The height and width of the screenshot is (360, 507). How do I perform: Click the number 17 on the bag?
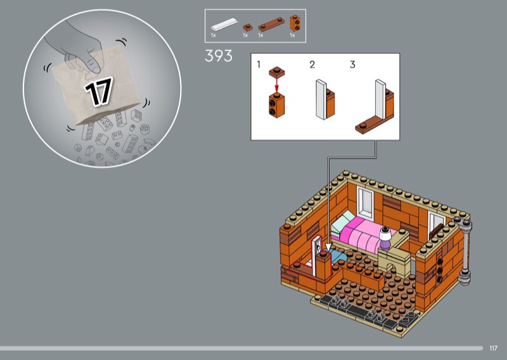pyautogui.click(x=98, y=91)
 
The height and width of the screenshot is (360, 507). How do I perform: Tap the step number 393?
pyautogui.click(x=219, y=56)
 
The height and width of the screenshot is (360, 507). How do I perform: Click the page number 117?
pyautogui.click(x=493, y=348)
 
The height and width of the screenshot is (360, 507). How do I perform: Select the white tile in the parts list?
pyautogui.click(x=224, y=25)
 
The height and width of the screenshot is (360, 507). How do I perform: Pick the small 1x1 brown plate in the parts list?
pyautogui.click(x=248, y=27)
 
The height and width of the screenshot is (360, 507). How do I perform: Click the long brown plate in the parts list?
pyautogui.click(x=271, y=24)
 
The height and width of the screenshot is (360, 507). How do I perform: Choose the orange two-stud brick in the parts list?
pyautogui.click(x=295, y=23)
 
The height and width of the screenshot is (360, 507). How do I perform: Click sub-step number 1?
pyautogui.click(x=259, y=65)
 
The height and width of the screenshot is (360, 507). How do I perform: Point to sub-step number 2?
pyautogui.click(x=312, y=65)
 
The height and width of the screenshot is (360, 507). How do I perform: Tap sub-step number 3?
pyautogui.click(x=352, y=65)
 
